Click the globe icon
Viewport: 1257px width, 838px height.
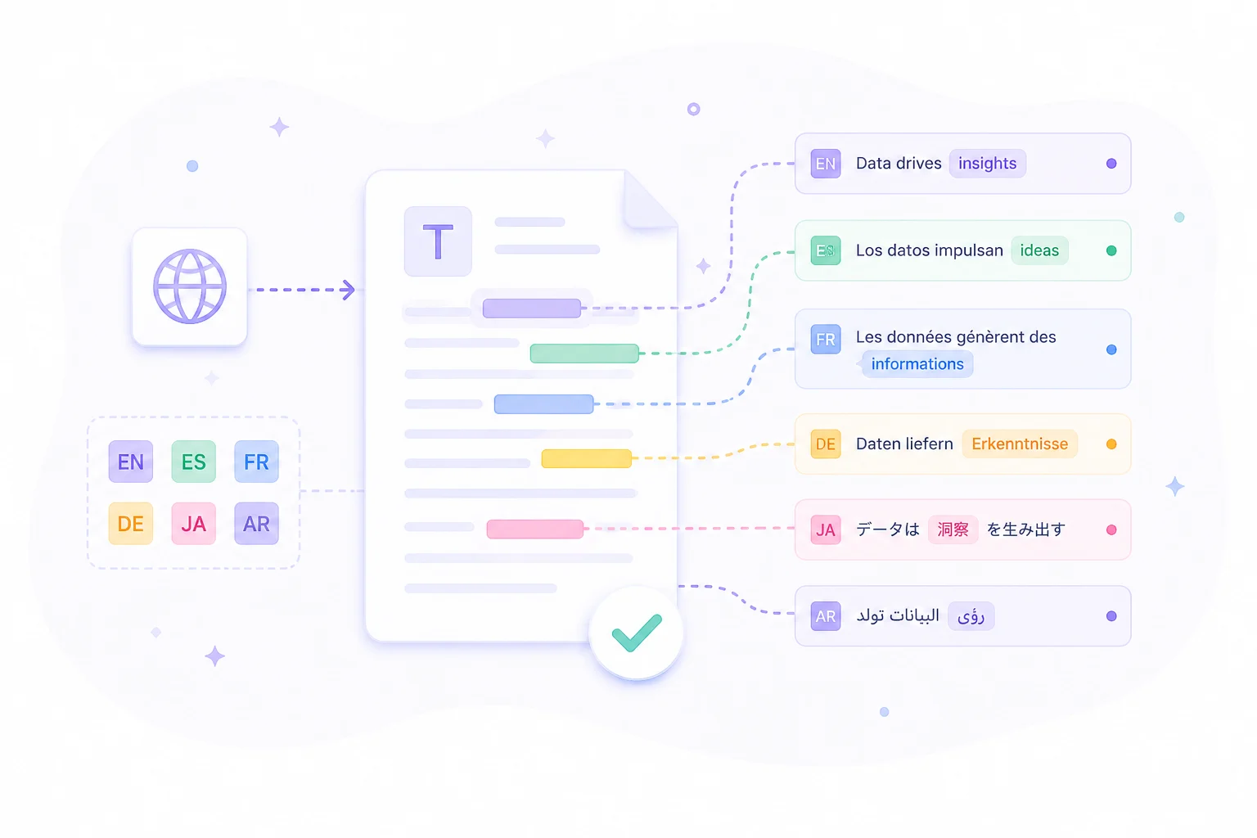coord(190,286)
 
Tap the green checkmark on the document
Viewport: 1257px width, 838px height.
coord(637,633)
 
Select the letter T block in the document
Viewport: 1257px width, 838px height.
coord(438,241)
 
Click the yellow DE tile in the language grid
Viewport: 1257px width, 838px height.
coord(131,524)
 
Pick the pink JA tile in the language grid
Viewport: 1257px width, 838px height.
coord(194,524)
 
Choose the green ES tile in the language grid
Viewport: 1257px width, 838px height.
coord(194,462)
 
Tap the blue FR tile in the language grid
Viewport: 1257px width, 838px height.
coord(256,462)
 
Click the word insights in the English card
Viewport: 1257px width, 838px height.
coord(987,164)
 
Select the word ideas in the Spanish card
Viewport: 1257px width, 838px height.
coord(1039,250)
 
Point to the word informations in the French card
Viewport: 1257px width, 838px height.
coord(917,363)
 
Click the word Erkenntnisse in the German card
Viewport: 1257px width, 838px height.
coord(1020,444)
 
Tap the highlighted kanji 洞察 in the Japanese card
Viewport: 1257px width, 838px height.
coord(953,529)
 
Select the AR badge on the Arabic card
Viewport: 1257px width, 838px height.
coord(826,616)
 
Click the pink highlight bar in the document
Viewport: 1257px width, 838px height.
coord(534,529)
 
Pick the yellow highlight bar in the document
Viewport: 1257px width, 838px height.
coord(587,458)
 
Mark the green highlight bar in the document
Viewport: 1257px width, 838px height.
coord(584,354)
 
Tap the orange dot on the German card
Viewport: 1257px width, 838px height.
coord(1111,444)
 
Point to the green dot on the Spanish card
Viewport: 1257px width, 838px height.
coord(1111,250)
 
